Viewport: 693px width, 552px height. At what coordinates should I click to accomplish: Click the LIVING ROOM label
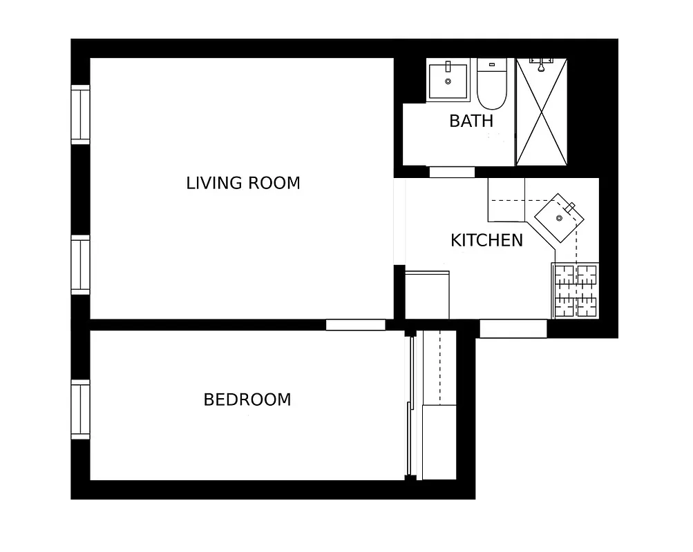[243, 183]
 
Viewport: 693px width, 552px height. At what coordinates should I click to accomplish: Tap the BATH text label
[471, 121]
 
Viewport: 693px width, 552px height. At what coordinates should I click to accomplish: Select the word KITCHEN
[486, 240]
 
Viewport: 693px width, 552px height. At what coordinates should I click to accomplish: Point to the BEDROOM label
[247, 400]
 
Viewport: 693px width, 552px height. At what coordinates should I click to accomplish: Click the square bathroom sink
[448, 81]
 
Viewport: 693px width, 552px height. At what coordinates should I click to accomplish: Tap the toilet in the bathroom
[492, 86]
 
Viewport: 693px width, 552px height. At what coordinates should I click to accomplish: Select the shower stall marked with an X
[542, 114]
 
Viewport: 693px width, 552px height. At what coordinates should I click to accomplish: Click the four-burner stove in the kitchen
[575, 290]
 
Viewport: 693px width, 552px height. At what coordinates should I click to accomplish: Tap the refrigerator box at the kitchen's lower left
[427, 295]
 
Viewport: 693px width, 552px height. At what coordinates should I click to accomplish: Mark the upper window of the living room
[81, 115]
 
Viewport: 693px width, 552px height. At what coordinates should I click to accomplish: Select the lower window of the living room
[81, 265]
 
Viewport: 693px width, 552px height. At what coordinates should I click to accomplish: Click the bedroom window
[81, 409]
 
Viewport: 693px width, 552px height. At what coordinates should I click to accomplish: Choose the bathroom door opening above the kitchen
[452, 172]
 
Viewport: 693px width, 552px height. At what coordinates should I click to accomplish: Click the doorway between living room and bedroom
[355, 324]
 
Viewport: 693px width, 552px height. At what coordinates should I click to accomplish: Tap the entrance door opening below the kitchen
[513, 328]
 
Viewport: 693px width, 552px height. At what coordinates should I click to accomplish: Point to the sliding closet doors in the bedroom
[412, 406]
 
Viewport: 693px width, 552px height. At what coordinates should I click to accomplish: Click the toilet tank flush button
[492, 65]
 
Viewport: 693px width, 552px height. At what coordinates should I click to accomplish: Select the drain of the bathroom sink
[448, 81]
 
